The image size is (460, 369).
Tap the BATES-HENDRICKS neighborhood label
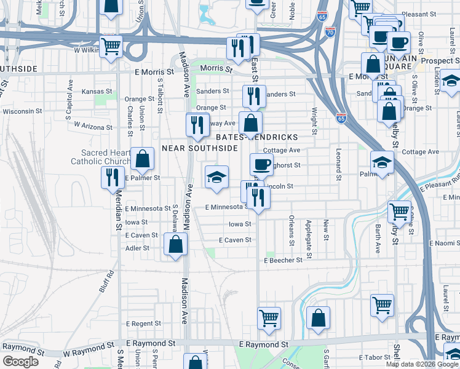[265, 137]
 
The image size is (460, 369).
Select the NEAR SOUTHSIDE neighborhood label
[200, 148]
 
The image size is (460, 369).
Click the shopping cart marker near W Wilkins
[111, 46]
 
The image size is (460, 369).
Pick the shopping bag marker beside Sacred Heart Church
[142, 159]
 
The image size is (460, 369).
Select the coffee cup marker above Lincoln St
[261, 164]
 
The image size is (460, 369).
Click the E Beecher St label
[283, 260]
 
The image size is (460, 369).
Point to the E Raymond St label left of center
[151, 343]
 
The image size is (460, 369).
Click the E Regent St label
[143, 323]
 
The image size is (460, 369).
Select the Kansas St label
[97, 91]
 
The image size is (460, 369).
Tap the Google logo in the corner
[20, 362]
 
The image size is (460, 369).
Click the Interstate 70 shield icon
[330, 30]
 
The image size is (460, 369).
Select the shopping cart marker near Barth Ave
[400, 212]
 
